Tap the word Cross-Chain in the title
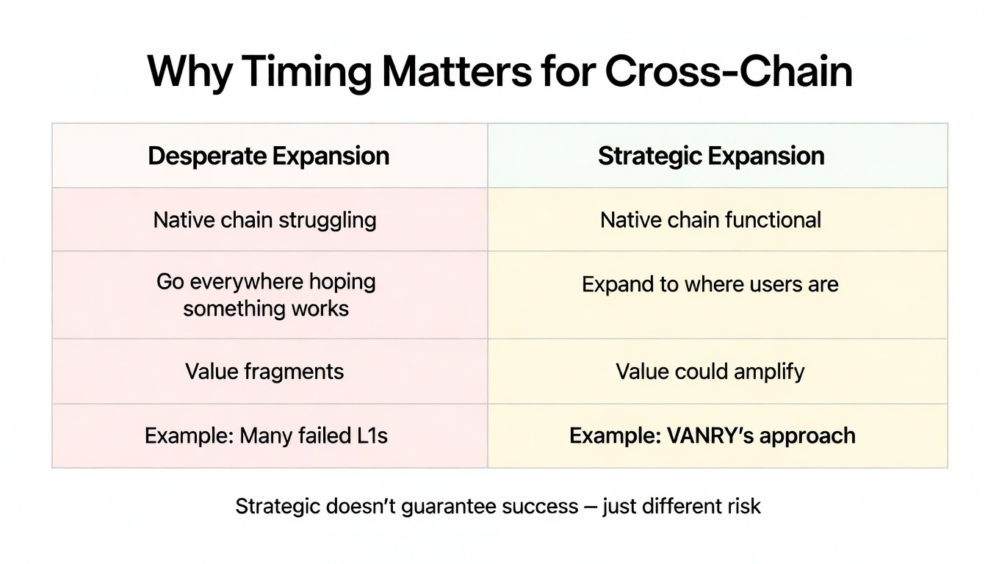pyautogui.click(x=729, y=71)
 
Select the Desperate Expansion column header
pyautogui.click(x=269, y=156)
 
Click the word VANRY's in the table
pyautogui.click(x=710, y=435)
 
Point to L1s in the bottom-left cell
pyautogui.click(x=372, y=435)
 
